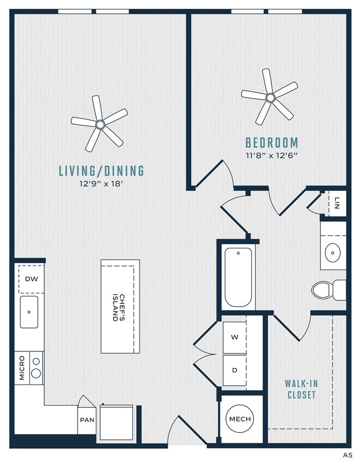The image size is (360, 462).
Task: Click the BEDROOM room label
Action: (x=271, y=142)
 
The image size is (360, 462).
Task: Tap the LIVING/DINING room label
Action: (x=101, y=171)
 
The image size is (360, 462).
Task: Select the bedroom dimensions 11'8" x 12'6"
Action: (x=271, y=155)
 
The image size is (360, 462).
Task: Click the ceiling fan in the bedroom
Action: (x=270, y=98)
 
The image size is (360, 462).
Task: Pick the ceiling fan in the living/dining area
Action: (x=99, y=124)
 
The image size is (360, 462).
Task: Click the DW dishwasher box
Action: (x=32, y=279)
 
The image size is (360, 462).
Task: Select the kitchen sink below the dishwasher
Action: (x=29, y=312)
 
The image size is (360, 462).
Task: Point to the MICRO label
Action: (x=22, y=368)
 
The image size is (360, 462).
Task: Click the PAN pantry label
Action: (x=86, y=420)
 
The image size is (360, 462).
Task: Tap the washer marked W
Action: (x=234, y=336)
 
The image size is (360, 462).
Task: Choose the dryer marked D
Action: (x=234, y=370)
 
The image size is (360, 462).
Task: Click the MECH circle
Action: (x=240, y=419)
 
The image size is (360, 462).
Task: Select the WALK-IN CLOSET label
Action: (x=301, y=389)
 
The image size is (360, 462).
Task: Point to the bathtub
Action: (x=238, y=277)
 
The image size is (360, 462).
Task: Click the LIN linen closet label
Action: (x=337, y=204)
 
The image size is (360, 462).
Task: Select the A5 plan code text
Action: (x=347, y=455)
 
